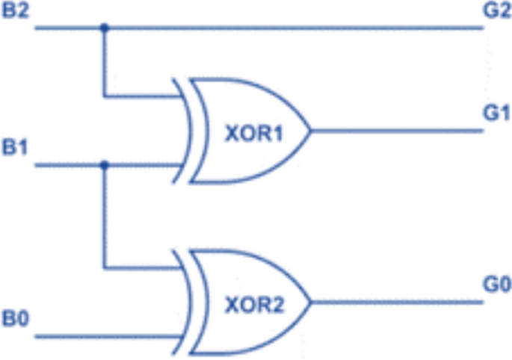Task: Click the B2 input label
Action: coord(16,10)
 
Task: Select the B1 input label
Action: coord(16,147)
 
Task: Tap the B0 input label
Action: coord(16,320)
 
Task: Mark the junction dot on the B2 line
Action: coord(105,28)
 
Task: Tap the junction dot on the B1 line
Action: coord(105,165)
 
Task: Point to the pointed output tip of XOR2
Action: coord(309,302)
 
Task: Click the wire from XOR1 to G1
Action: coord(396,131)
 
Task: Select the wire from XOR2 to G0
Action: coord(396,302)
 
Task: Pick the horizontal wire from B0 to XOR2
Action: coord(105,337)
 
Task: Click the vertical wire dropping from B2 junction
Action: coord(105,63)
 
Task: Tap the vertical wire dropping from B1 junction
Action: coord(105,217)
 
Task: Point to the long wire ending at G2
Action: coord(299,28)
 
